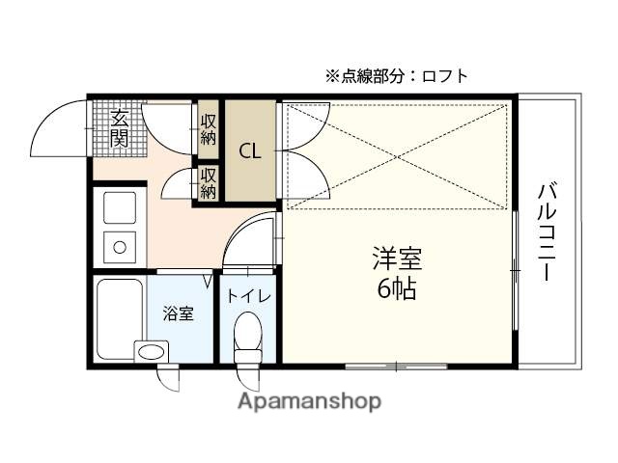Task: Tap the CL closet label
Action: (x=250, y=150)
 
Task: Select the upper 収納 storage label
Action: (x=209, y=128)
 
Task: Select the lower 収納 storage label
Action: (x=209, y=182)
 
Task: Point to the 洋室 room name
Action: (x=398, y=259)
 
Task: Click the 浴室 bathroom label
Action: (x=178, y=313)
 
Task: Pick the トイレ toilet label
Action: (x=248, y=296)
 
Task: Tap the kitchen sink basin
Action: (x=119, y=207)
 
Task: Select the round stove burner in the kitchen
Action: (x=119, y=247)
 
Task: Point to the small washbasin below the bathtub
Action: (x=150, y=351)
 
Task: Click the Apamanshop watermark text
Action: (x=309, y=400)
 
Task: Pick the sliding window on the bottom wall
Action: (x=397, y=366)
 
